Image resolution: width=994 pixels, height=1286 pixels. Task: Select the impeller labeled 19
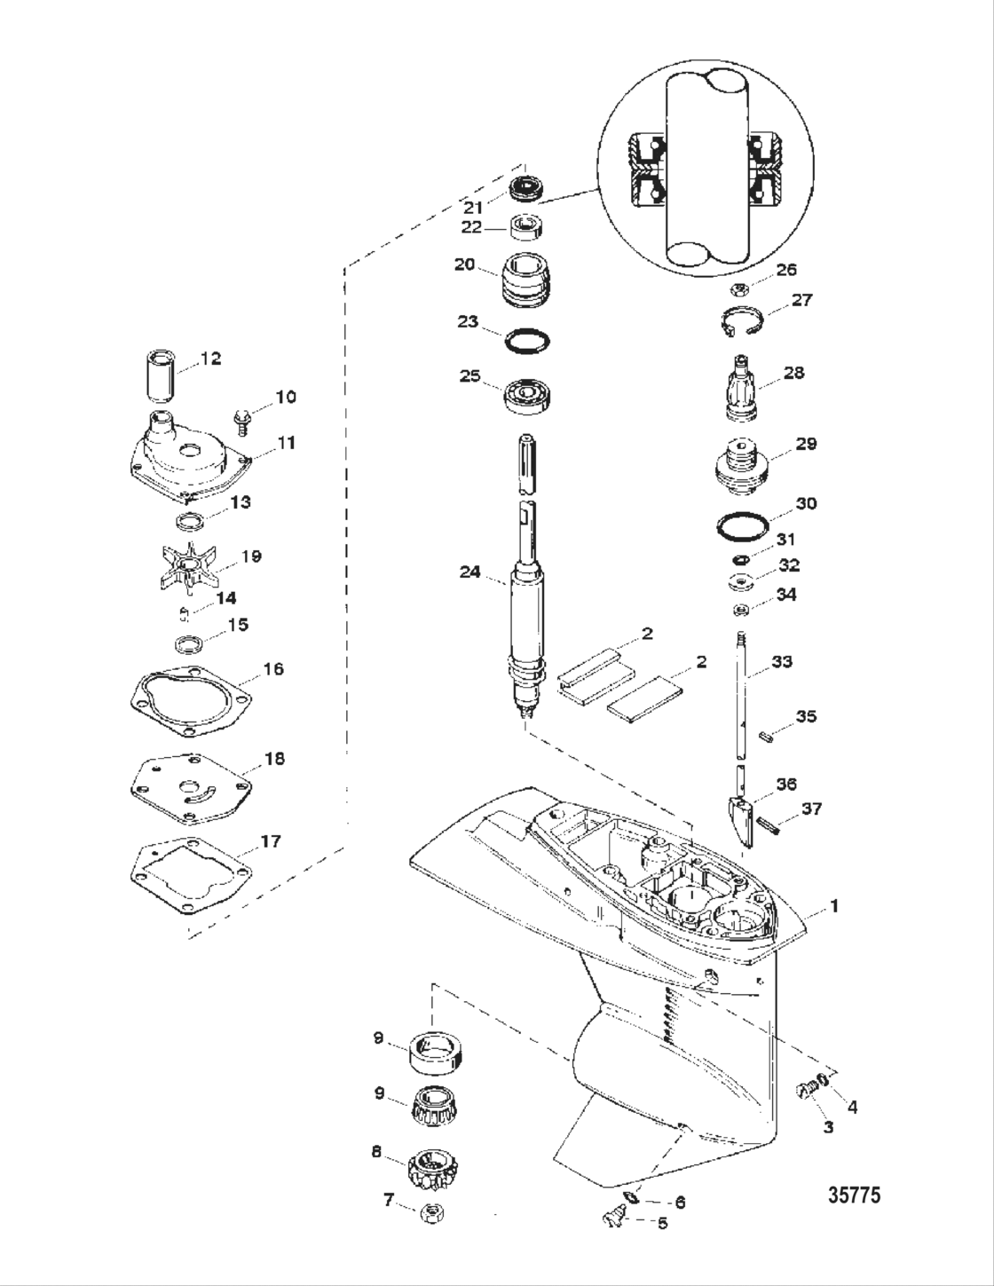click(x=188, y=564)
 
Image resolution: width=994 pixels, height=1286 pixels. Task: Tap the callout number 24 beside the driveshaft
click(x=469, y=572)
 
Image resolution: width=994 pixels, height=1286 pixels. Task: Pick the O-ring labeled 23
click(x=529, y=341)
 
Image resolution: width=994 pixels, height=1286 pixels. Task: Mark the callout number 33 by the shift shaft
click(x=781, y=661)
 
